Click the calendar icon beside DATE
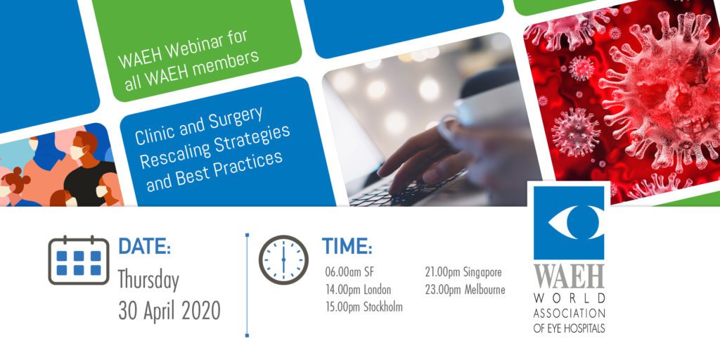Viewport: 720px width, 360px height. click(79, 260)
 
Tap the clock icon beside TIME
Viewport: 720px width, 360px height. click(283, 260)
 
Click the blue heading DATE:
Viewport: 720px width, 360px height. click(145, 246)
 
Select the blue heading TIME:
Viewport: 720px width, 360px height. click(347, 246)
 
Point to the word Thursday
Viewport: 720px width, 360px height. click(148, 281)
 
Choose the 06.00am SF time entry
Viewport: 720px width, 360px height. click(349, 272)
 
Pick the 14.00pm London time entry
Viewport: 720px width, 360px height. click(358, 290)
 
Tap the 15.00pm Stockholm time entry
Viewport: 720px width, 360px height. click(364, 307)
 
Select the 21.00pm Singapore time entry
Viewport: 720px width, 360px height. click(463, 272)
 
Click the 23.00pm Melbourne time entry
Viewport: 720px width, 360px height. click(465, 290)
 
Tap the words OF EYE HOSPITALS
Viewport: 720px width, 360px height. click(569, 328)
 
